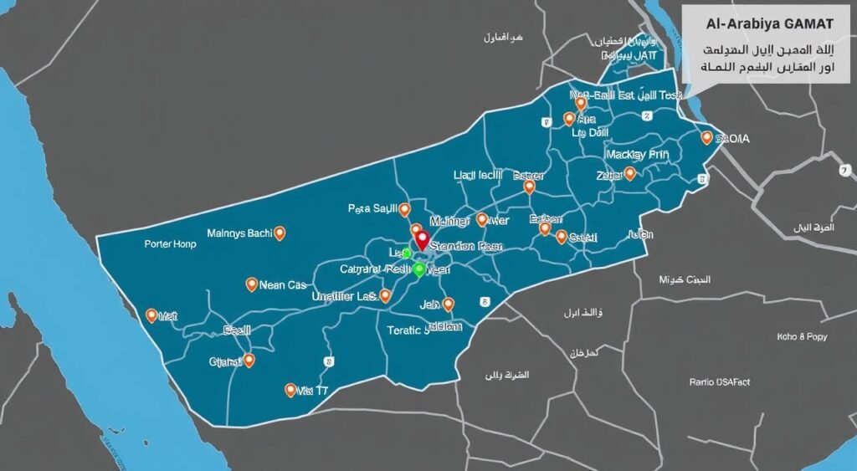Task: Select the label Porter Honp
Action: (x=170, y=245)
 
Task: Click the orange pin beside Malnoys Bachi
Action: (x=280, y=233)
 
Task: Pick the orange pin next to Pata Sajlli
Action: (x=405, y=209)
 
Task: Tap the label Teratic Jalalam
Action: (x=424, y=329)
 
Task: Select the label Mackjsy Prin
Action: (x=637, y=155)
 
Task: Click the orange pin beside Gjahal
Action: (x=249, y=361)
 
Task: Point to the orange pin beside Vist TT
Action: (x=290, y=390)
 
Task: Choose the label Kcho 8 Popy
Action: (x=800, y=336)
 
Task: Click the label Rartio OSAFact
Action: (x=720, y=381)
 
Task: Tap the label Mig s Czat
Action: (x=685, y=279)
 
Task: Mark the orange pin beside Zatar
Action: (x=630, y=174)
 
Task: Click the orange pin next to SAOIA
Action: (x=707, y=138)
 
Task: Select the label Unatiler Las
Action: (x=343, y=296)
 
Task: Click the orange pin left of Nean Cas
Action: (x=251, y=284)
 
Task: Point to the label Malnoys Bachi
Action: (x=238, y=233)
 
